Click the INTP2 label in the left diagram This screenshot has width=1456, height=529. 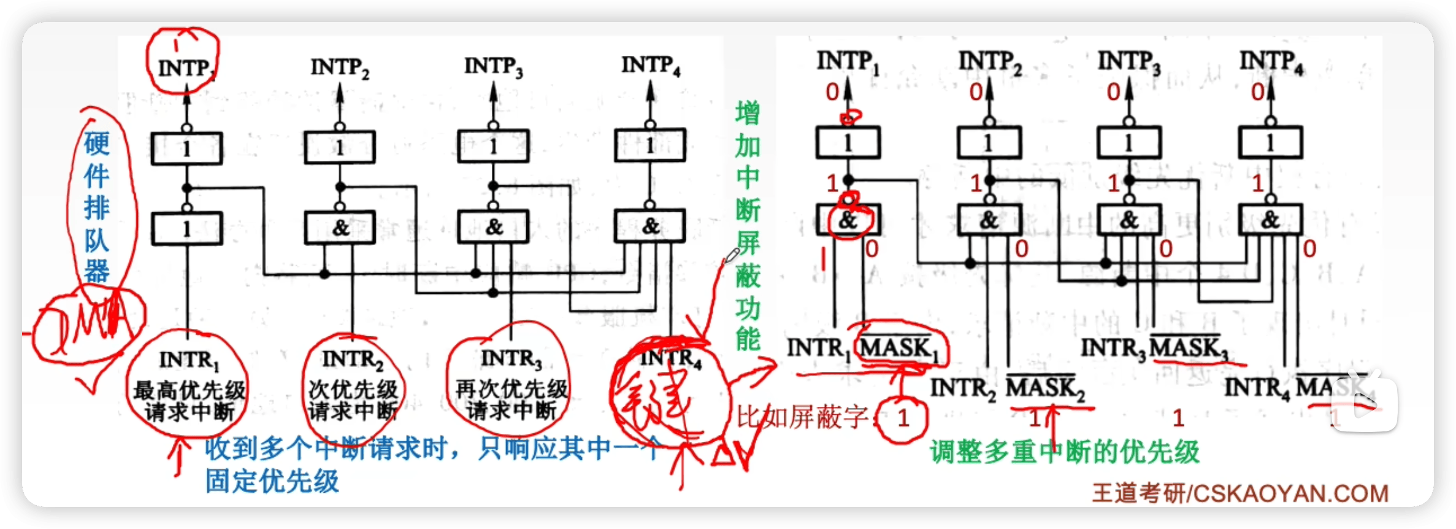click(340, 68)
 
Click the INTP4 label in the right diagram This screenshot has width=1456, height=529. click(1271, 62)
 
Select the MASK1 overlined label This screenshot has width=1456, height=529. click(899, 348)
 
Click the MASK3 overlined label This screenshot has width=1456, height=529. click(1188, 348)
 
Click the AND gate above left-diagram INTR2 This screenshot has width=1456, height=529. click(340, 228)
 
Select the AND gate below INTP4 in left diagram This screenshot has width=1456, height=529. click(650, 226)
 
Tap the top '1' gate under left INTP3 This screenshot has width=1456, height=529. click(493, 147)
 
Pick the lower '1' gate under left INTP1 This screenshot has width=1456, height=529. click(186, 229)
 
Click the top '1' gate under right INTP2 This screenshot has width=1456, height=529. click(989, 143)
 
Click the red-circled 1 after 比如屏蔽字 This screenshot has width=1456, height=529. click(903, 419)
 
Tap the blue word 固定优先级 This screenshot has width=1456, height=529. click(272, 481)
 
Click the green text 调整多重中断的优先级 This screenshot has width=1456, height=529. click(1065, 452)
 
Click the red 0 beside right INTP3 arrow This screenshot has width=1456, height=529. click(1113, 92)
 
